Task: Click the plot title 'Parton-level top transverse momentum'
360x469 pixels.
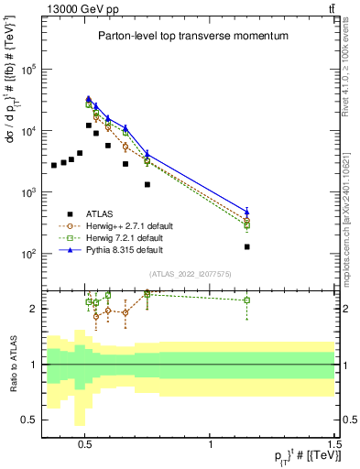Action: [x=192, y=36]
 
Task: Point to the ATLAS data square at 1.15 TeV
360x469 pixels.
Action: [x=247, y=246]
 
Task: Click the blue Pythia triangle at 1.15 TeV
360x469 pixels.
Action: [x=247, y=212]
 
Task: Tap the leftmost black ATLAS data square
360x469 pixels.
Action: [x=54, y=166]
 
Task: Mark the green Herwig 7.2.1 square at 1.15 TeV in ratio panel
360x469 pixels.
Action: [x=247, y=300]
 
